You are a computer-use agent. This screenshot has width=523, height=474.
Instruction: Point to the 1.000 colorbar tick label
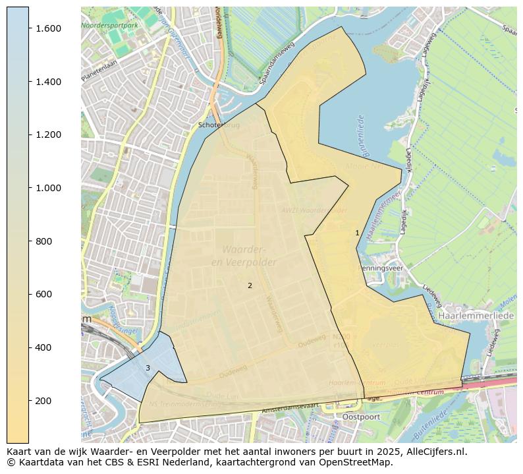coord(48,188)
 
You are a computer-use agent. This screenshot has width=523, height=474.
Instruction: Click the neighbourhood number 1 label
coord(357,233)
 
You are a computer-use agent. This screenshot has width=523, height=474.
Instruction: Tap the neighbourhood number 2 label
coord(250,285)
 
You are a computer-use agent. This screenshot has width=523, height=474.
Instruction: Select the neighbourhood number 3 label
coord(148,368)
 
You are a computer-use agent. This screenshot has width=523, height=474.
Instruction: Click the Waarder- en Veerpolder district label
coord(244,256)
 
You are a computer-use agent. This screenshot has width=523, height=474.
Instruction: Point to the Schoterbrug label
coord(219,125)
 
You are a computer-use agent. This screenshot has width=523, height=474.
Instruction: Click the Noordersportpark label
coord(110,25)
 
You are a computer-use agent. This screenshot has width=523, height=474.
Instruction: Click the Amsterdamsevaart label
coord(290,409)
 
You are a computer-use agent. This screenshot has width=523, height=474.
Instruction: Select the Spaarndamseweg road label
coord(276,69)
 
